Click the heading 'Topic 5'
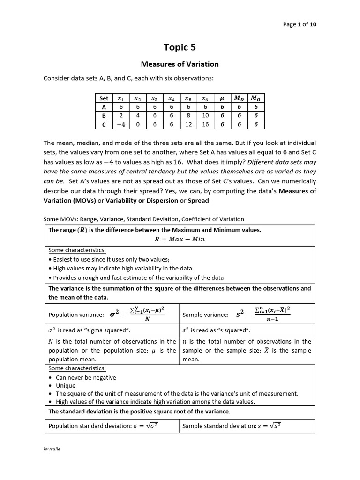[180, 47]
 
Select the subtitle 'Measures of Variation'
[180, 64]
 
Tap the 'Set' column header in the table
[104, 98]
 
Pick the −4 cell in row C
[121, 125]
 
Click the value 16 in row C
[205, 125]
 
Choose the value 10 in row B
[205, 116]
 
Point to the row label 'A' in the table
[104, 107]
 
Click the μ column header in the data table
[222, 98]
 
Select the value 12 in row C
[188, 125]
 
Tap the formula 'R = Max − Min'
[180, 239]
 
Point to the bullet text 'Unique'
[66, 386]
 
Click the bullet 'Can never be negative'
[86, 377]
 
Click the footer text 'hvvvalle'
[52, 449]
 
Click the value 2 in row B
[121, 116]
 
